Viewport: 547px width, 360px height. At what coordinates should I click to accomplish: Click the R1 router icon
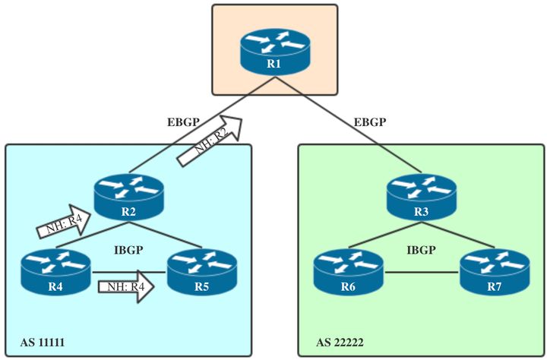click(273, 50)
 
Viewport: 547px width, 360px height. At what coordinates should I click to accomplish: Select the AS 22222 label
click(340, 344)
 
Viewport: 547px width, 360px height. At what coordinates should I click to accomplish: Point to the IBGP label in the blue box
click(129, 248)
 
